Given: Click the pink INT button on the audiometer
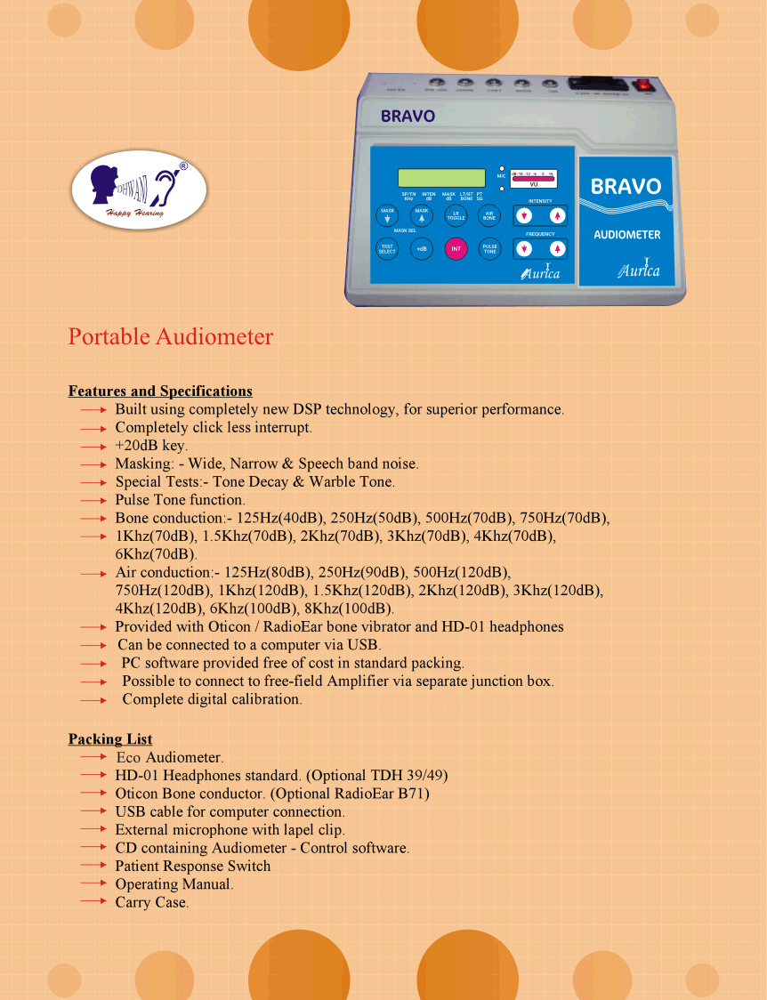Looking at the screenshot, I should pyautogui.click(x=456, y=249).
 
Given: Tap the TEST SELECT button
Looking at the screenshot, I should pyautogui.click(x=387, y=249).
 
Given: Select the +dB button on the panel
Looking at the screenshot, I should pyautogui.click(x=421, y=249).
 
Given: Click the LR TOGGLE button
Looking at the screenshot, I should pyautogui.click(x=456, y=215).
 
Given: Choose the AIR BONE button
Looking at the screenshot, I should pyautogui.click(x=489, y=215).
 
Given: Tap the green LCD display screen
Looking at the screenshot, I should pyautogui.click(x=441, y=178).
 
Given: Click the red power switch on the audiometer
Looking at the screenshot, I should pyautogui.click(x=642, y=85).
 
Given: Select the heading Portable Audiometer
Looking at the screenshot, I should pyautogui.click(x=171, y=337).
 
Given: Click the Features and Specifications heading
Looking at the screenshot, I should pyautogui.click(x=160, y=391).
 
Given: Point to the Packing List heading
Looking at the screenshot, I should pyautogui.click(x=110, y=739).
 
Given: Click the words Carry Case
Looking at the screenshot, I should pyautogui.click(x=150, y=902).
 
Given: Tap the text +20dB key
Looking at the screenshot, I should pyautogui.click(x=150, y=446).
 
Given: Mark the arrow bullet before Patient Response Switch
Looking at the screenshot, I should pyautogui.click(x=93, y=866).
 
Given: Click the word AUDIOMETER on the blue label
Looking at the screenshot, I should pyautogui.click(x=627, y=235).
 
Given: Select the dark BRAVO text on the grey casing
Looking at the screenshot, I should pyautogui.click(x=408, y=116).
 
